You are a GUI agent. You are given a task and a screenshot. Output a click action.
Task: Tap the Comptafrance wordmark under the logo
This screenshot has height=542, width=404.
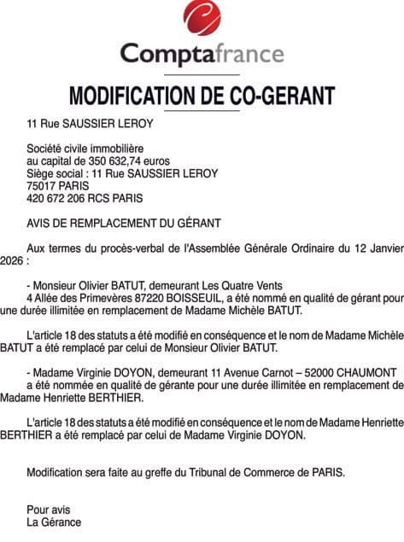coord(202,54)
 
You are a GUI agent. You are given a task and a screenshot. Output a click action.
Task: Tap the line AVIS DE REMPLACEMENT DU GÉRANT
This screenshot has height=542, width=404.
coord(124,223)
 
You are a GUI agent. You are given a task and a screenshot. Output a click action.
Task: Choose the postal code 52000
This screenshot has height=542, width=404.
coord(297,373)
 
